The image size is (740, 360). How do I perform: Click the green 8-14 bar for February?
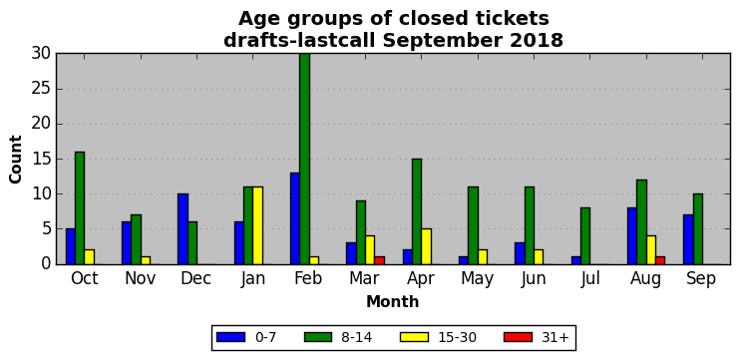305,159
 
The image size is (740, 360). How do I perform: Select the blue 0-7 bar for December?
184,228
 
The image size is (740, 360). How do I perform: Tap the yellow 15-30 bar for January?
257,225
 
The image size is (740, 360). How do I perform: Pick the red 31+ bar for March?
379,260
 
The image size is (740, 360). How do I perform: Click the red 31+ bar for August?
660,260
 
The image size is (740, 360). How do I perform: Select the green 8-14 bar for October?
80,208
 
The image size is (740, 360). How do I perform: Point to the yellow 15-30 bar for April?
426,246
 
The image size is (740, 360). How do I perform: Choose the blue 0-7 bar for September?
688,239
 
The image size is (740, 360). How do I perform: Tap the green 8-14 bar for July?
585,236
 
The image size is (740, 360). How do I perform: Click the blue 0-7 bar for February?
295,218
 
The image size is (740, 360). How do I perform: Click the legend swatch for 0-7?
230,337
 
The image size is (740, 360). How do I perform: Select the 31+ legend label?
555,337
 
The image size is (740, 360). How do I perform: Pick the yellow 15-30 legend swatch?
414,337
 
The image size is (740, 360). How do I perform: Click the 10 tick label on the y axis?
42,194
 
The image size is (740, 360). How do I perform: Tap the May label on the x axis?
477,279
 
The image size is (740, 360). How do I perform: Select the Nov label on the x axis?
141,279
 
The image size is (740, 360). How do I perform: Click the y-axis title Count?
16,159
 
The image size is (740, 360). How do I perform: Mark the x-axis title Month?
393,301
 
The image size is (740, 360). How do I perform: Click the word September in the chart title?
444,41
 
